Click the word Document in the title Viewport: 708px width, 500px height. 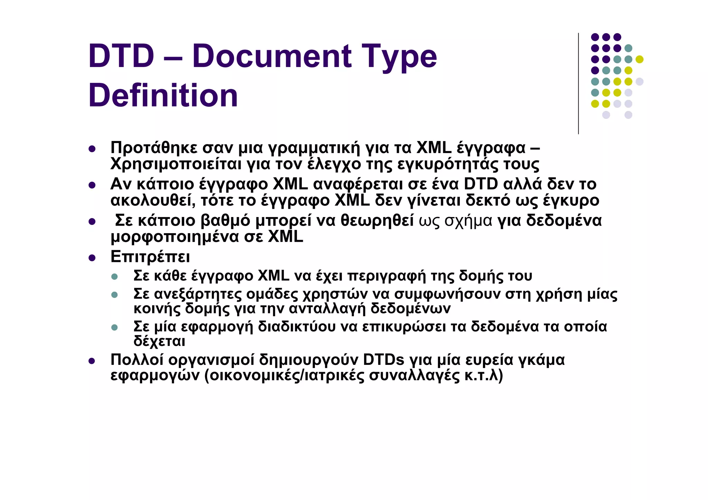coord(272,56)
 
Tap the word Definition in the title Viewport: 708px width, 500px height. coord(163,95)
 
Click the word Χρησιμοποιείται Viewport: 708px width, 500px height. coord(176,164)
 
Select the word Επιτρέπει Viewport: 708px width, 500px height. coord(150,257)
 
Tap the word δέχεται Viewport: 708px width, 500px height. coord(159,341)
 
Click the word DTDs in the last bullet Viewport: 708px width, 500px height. coord(383,360)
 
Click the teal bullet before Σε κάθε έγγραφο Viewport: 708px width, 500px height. coord(114,277)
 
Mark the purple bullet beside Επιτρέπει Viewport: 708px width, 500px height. coord(92,258)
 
